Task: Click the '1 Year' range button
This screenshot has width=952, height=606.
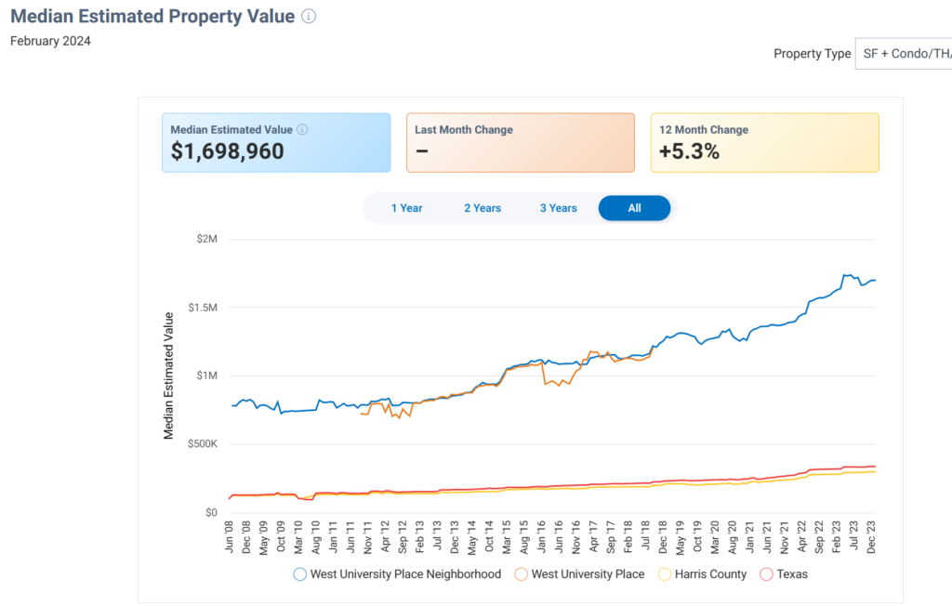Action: point(406,208)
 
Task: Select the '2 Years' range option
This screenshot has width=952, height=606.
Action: point(483,208)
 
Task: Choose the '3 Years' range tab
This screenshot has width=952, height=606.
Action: point(558,208)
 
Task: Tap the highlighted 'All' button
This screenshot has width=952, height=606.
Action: point(634,208)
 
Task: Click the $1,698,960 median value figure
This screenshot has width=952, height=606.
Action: point(228,151)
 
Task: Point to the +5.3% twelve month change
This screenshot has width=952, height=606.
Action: point(689,151)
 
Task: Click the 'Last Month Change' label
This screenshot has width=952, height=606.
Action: point(464,130)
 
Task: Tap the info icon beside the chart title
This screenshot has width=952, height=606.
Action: point(309,17)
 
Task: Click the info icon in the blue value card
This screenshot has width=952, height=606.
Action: point(302,130)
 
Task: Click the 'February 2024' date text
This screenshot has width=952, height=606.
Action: point(50,41)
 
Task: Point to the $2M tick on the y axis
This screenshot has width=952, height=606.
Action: point(206,239)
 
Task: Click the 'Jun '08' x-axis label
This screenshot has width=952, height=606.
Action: point(230,537)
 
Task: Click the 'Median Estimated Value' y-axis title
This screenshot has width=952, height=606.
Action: point(169,375)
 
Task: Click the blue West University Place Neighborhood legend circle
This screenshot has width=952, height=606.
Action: point(299,574)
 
